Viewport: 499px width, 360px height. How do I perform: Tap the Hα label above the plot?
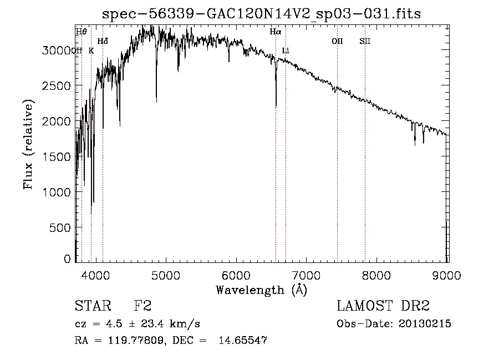point(276,32)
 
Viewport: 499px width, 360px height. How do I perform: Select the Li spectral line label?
point(286,50)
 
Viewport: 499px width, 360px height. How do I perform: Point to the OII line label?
point(337,41)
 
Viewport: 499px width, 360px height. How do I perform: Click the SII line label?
point(365,41)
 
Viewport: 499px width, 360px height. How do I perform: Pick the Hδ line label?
point(103,41)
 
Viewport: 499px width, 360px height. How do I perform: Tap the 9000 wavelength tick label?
point(447,274)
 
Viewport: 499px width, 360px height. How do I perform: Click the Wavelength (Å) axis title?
point(261,290)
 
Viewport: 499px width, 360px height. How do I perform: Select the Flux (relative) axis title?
point(28,144)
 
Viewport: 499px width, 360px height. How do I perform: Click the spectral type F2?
point(142,306)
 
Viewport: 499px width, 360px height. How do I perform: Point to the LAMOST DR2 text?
point(383,306)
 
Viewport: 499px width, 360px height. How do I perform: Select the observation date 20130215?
point(425,323)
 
